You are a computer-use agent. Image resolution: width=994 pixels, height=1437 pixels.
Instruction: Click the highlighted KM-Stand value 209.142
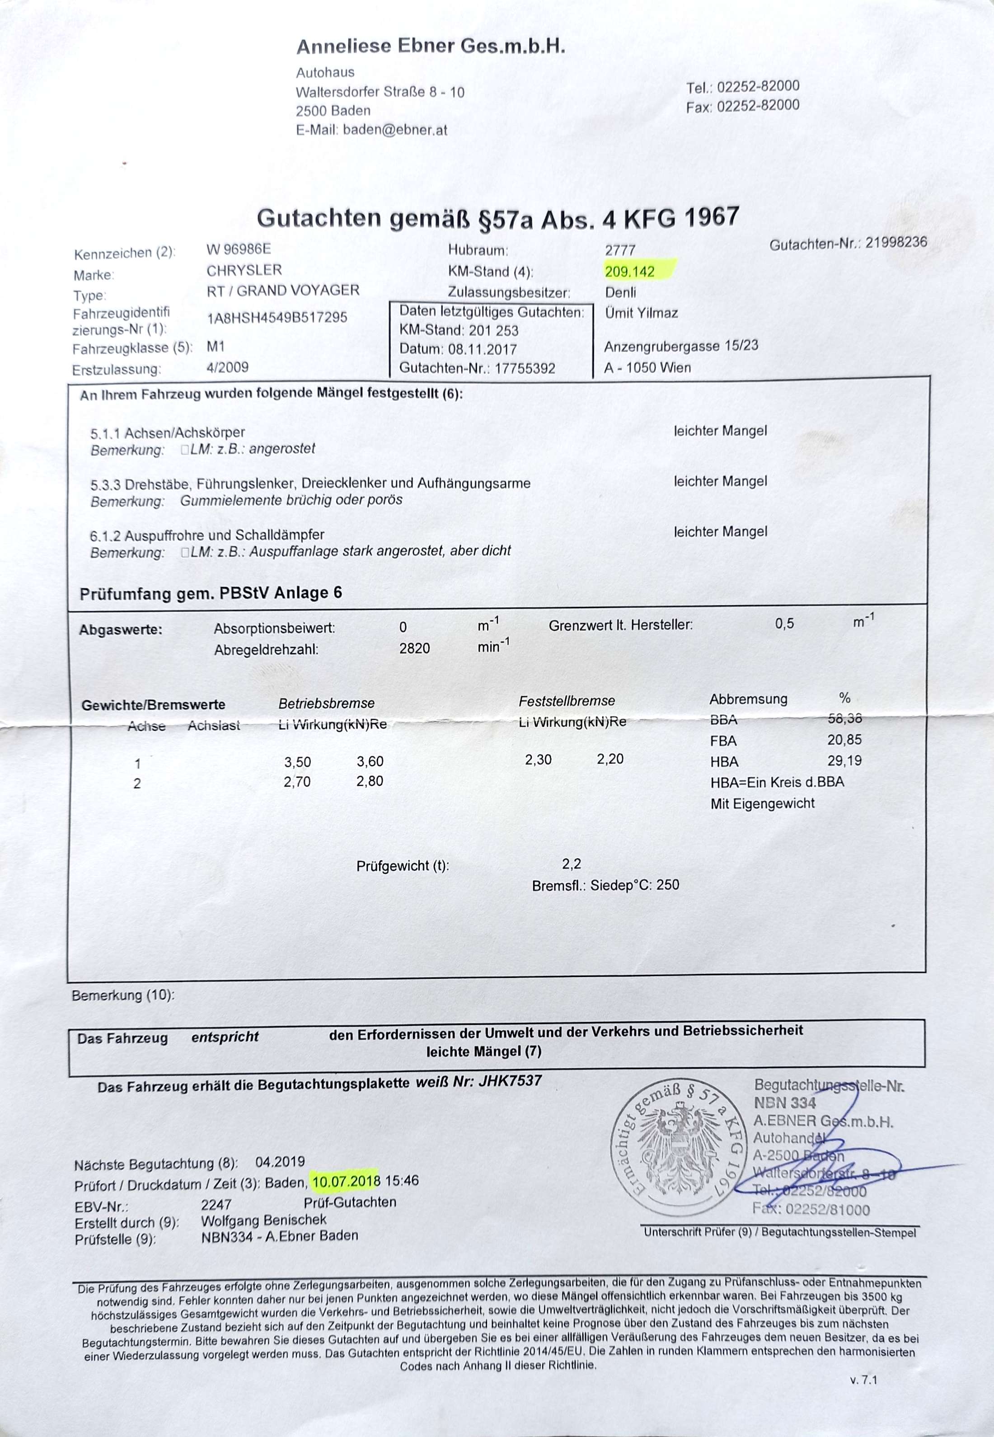[630, 271]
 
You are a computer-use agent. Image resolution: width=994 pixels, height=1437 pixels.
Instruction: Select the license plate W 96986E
[239, 249]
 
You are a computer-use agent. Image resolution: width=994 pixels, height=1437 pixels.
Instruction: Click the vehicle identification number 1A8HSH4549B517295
[277, 318]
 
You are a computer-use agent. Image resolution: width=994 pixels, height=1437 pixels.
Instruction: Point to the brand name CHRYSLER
[244, 270]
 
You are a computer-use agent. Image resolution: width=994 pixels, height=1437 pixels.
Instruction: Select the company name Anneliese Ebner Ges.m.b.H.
[431, 46]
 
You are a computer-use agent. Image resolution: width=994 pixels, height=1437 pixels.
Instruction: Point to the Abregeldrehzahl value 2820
[414, 648]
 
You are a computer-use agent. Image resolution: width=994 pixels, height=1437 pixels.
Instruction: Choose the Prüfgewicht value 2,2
[571, 864]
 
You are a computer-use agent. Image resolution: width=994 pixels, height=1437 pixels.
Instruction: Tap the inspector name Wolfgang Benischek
[263, 1220]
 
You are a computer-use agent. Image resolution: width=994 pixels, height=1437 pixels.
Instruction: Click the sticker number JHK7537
[510, 1081]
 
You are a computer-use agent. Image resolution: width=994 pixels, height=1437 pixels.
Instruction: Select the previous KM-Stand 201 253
[494, 330]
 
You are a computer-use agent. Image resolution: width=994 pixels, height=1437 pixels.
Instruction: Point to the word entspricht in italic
[225, 1037]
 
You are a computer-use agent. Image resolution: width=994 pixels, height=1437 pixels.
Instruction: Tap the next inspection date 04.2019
[280, 1162]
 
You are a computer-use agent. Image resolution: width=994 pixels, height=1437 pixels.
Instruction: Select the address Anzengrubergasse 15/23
[681, 346]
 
